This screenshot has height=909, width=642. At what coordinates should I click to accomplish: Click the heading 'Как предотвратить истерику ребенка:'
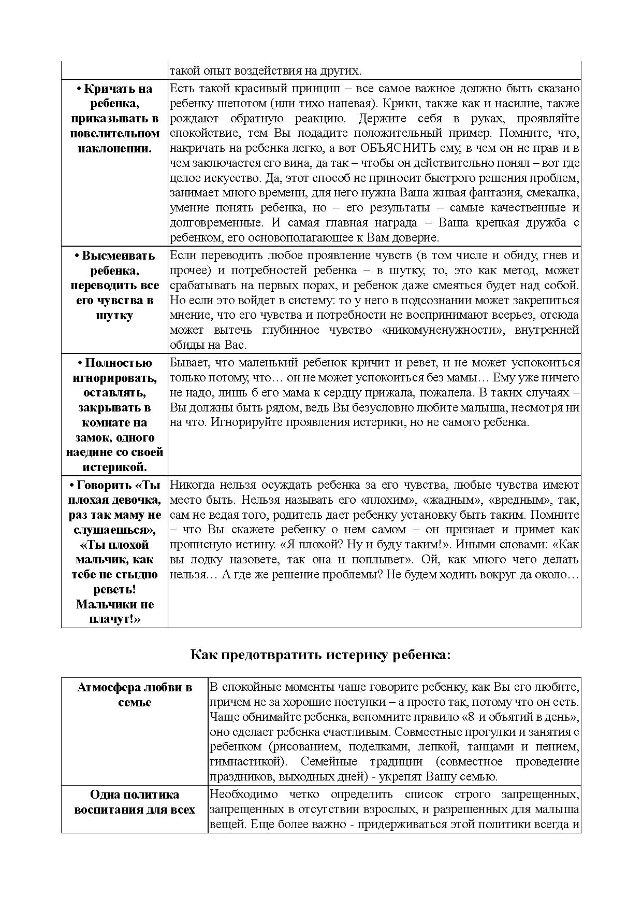pos(320,655)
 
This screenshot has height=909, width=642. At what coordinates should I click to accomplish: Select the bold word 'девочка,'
pos(137,500)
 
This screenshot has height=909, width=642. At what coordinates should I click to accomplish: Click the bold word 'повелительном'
pos(114,134)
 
